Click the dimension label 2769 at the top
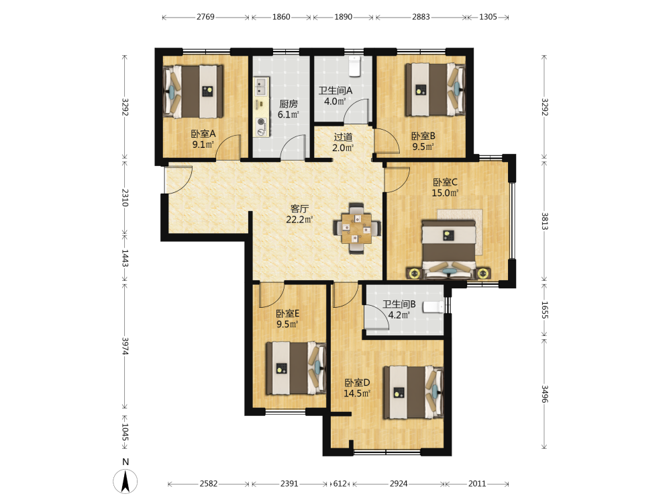coord(205,17)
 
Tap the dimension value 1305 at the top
coord(488,17)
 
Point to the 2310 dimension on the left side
coord(125,198)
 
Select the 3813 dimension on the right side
coord(544,221)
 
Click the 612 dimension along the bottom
coord(340,483)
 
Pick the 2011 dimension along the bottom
coord(477,483)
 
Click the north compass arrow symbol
coord(125,481)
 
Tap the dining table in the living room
coord(357,228)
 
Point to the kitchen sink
coord(260,87)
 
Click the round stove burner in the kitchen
coord(260,122)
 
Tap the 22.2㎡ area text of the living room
coord(299,220)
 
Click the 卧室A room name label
coord(203,134)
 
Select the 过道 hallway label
coord(343,137)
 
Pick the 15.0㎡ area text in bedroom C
coord(445,193)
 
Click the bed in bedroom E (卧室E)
coord(296,368)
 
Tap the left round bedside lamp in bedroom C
coord(413,273)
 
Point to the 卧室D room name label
coord(358,382)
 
